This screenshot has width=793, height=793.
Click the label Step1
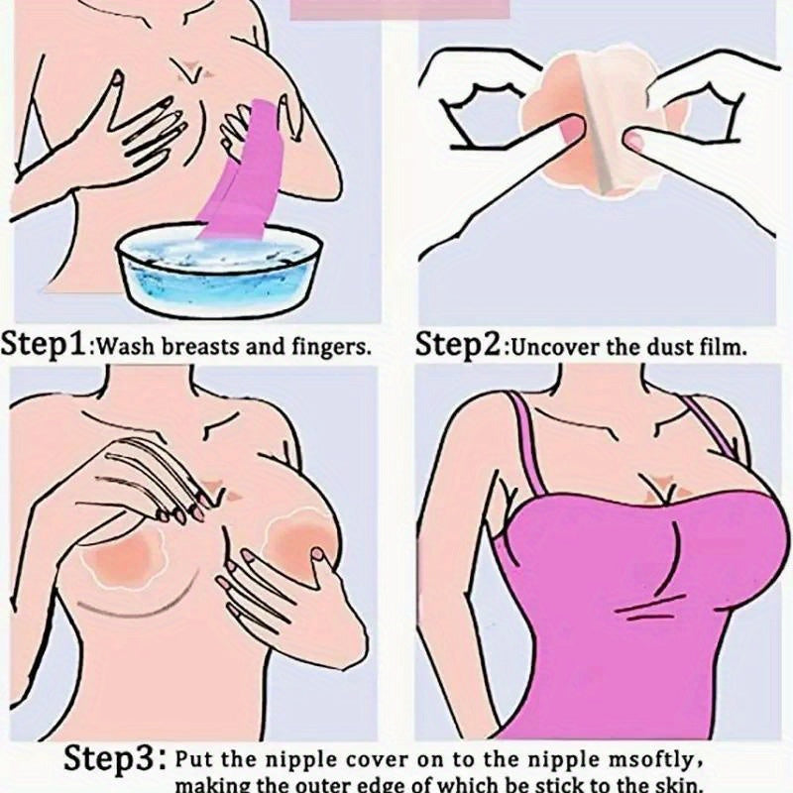click(x=45, y=345)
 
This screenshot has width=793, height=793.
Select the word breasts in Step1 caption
click(x=199, y=348)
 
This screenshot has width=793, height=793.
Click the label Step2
click(x=459, y=345)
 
